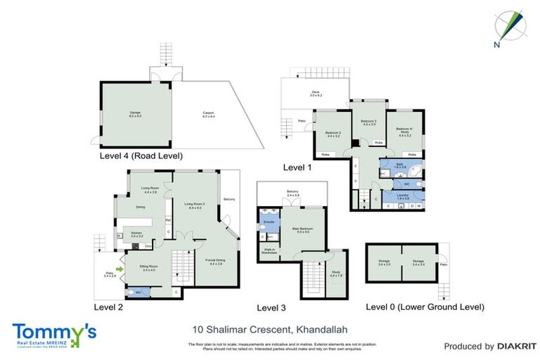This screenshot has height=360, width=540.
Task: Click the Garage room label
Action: [135, 114]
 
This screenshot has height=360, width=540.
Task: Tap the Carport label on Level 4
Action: [208, 114]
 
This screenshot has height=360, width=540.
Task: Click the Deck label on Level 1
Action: [316, 94]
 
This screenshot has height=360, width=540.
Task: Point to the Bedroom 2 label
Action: [333, 134]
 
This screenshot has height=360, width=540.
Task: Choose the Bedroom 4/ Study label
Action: [404, 130]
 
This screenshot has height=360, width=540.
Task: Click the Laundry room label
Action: [403, 196]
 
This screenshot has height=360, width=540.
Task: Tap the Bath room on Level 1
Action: [399, 166]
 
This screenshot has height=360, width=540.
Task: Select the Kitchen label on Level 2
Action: [137, 235]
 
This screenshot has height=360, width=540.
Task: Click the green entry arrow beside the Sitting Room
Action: [120, 268]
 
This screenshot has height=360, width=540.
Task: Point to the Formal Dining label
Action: [214, 262]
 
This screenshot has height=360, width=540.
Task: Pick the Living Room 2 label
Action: [194, 206]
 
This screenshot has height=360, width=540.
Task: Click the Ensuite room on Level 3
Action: [269, 221]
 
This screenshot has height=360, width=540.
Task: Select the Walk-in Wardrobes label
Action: [269, 251]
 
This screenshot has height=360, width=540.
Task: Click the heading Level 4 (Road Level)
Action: [141, 156]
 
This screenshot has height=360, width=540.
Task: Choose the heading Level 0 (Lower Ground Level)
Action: [425, 307]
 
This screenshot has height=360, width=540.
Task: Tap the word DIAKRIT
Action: [517, 346]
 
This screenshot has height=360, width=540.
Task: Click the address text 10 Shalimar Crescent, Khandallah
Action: [270, 328]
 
